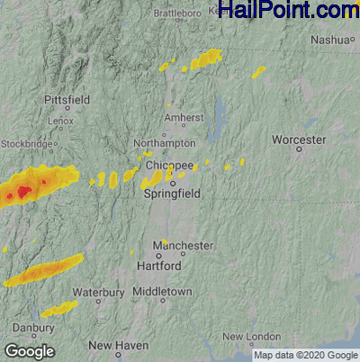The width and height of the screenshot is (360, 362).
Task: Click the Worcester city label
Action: [x=299, y=140]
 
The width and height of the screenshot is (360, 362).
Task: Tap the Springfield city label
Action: [x=172, y=194]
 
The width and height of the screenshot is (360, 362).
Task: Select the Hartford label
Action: [x=159, y=267]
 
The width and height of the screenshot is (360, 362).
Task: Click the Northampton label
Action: [x=163, y=143]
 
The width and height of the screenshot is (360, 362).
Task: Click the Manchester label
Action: [x=183, y=246]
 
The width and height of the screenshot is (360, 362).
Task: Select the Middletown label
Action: [x=162, y=293]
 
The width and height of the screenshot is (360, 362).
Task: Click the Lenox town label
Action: [x=62, y=120]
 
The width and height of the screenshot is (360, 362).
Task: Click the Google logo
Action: [x=29, y=351]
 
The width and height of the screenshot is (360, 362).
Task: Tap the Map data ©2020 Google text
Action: [x=310, y=355]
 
